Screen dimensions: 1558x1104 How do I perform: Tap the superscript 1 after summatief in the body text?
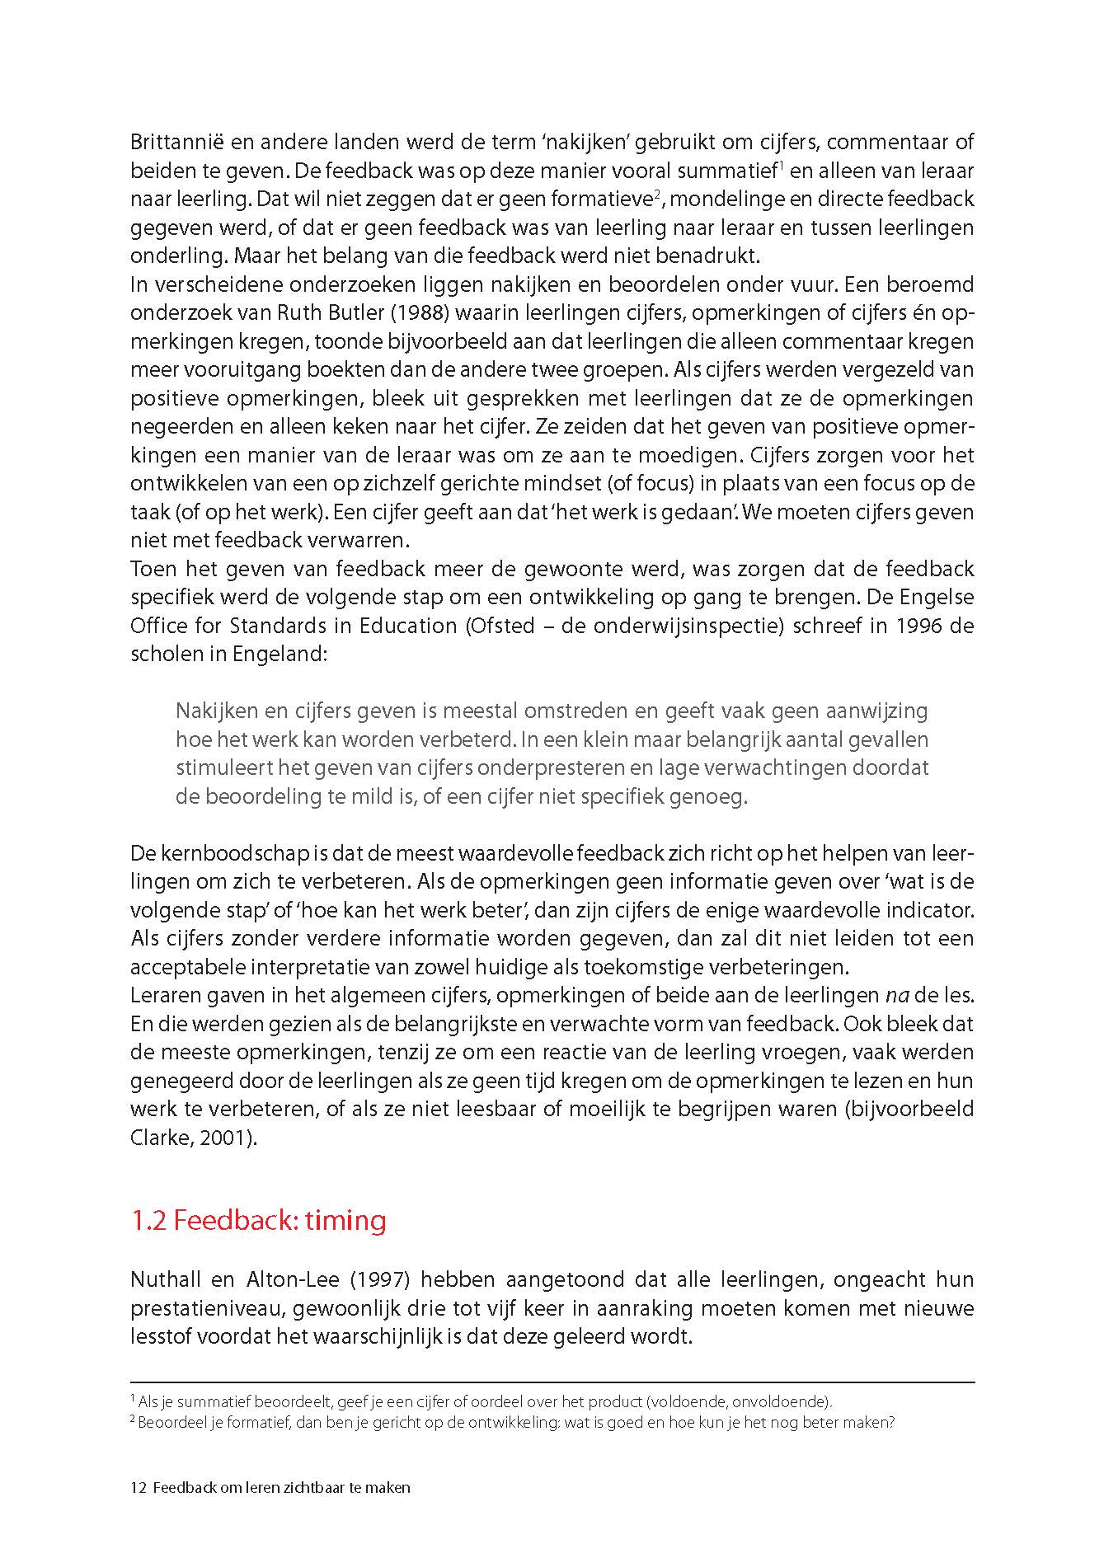tap(780, 165)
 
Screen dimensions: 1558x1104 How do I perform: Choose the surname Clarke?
tap(157, 1138)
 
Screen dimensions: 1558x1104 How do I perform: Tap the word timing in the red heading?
tap(345, 1220)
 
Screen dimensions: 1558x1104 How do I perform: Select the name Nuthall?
tap(167, 1280)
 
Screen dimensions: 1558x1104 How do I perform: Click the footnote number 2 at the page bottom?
tap(134, 1420)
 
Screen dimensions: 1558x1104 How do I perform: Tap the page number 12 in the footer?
tap(138, 1488)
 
